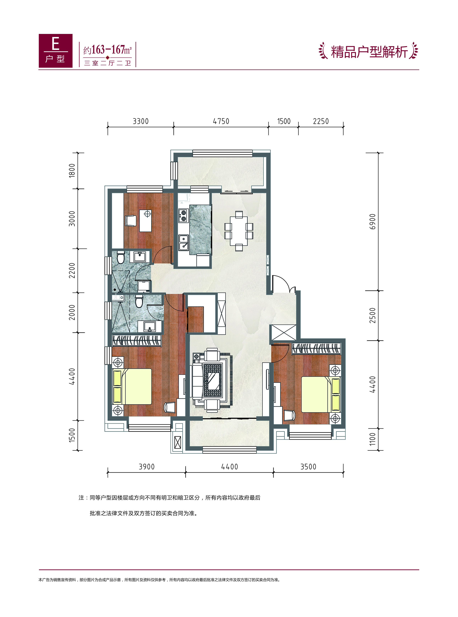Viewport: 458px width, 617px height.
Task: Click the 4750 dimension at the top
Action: pyautogui.click(x=221, y=121)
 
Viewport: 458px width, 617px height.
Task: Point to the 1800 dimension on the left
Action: pyautogui.click(x=72, y=171)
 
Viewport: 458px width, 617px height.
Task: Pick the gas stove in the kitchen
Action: pyautogui.click(x=183, y=216)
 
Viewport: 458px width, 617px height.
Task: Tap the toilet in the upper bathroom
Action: pyautogui.click(x=121, y=257)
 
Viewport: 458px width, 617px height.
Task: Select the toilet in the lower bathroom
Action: pyautogui.click(x=139, y=301)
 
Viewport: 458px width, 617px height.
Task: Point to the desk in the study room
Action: pyautogui.click(x=145, y=221)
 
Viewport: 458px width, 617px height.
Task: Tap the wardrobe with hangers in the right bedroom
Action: pyautogui.click(x=316, y=349)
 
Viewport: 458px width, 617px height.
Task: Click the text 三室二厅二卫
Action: pyautogui.click(x=108, y=63)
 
